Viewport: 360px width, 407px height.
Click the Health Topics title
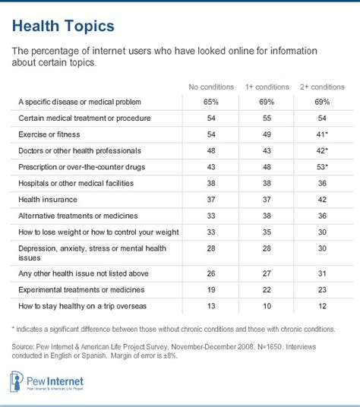(x=64, y=27)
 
